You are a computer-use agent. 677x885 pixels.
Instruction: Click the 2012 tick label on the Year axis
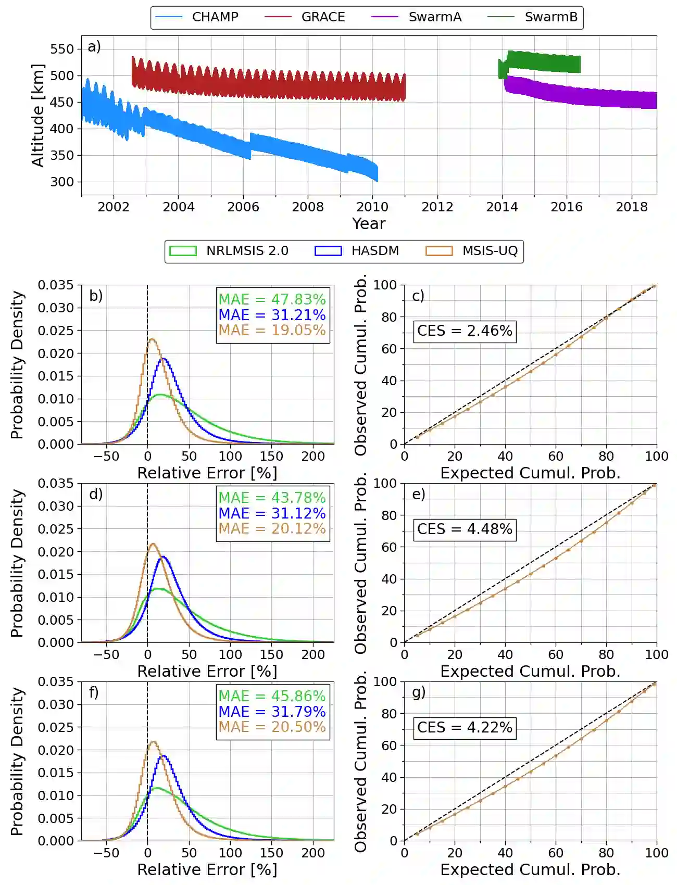pos(437,207)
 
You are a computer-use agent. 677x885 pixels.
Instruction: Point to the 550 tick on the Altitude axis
pos(62,49)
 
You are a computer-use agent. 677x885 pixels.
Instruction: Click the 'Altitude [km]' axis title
pos(38,116)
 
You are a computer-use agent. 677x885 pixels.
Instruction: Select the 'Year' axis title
pos(369,224)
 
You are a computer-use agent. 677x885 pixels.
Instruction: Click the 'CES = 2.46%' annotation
pos(465,331)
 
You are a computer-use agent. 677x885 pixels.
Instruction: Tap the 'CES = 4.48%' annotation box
pos(465,529)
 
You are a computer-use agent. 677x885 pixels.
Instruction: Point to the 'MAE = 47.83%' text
pos(272,299)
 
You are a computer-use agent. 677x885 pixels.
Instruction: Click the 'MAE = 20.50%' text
pos(272,727)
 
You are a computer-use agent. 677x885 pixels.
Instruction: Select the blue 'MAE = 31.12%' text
pos(272,513)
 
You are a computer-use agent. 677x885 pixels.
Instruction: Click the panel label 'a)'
pos(94,47)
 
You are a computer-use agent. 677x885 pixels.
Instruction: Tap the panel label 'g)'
pos(419,692)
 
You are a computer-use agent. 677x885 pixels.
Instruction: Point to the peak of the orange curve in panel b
pos(152,339)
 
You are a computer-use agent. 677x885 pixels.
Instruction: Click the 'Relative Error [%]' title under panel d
pos(207,672)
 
